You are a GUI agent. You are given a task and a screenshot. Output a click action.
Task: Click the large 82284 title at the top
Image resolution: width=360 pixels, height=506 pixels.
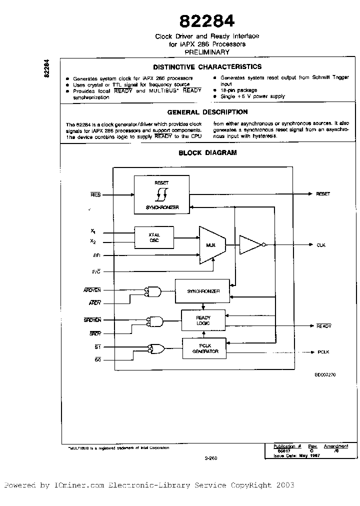[207, 21]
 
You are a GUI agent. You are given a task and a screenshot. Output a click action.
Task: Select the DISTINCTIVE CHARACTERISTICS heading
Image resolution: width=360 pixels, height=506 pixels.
[207, 66]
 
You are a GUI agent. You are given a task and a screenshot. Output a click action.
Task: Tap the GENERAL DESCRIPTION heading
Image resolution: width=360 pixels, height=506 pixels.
[207, 112]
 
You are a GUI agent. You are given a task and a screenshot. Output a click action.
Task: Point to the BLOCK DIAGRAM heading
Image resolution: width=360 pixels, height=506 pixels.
[207, 153]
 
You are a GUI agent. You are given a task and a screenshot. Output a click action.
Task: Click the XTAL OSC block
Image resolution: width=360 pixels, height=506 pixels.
[154, 237]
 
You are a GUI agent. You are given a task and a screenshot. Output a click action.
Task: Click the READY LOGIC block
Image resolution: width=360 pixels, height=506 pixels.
[203, 320]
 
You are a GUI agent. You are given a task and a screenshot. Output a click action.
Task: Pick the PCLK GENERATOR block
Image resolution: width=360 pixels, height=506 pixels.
[203, 348]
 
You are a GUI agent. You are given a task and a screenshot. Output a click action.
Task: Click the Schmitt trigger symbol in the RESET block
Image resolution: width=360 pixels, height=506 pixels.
[161, 194]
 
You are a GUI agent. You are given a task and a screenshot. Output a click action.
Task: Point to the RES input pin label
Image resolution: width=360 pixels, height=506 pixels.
[95, 194]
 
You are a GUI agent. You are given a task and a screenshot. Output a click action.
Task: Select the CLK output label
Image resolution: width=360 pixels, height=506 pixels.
[321, 245]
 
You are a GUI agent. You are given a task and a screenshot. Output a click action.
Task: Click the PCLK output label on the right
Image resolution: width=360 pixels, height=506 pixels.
[323, 352]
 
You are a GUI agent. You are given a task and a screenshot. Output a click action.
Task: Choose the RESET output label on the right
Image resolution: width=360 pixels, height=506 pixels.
[323, 193]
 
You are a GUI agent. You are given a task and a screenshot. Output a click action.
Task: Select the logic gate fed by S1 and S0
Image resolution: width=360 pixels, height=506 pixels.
[157, 348]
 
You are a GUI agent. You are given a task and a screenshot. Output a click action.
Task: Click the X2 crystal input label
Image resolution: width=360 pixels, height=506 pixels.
[93, 241]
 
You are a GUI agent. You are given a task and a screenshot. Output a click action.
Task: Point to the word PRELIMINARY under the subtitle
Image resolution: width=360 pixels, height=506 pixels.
[207, 52]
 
